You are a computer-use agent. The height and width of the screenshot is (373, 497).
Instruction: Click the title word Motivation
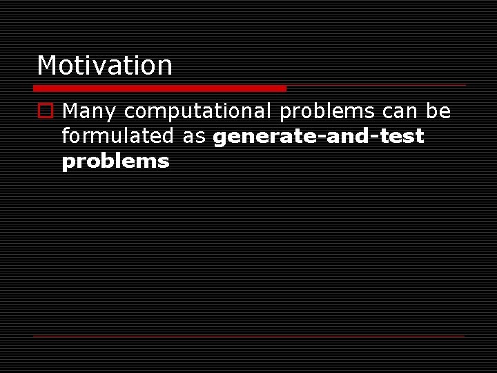tap(104, 66)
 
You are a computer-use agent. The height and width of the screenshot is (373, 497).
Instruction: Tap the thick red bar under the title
tap(159, 88)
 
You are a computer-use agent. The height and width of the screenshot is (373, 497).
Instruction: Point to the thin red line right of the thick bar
tap(376, 86)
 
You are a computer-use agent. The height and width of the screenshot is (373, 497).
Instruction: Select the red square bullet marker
tap(46, 111)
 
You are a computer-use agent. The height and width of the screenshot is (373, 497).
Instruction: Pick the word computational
tap(198, 111)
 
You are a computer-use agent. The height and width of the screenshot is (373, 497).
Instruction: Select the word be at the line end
tap(438, 111)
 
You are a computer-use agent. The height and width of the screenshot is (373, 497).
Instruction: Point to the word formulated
tap(118, 137)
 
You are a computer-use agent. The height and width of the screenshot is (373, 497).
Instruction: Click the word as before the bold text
tap(195, 137)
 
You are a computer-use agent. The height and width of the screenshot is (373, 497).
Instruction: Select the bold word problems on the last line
tap(115, 162)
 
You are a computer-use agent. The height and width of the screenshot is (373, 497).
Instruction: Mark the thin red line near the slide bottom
tap(248, 336)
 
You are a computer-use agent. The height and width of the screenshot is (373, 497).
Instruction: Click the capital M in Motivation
tap(47, 66)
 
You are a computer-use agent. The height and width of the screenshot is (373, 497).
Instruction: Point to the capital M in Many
tap(70, 111)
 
